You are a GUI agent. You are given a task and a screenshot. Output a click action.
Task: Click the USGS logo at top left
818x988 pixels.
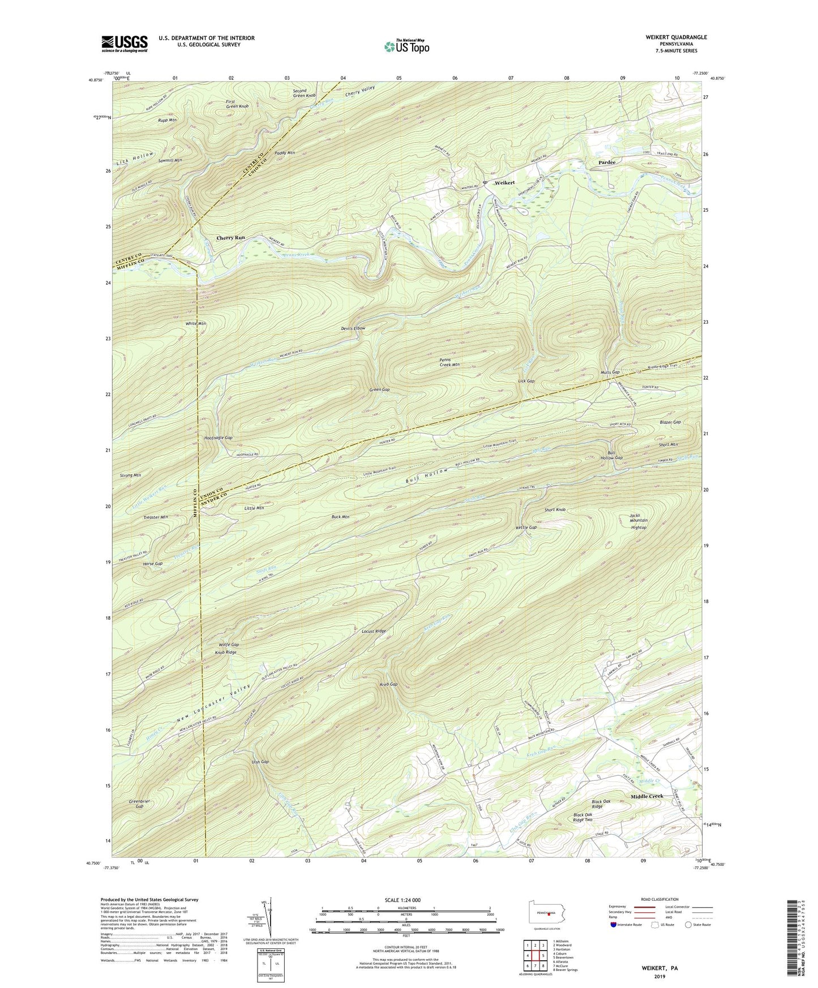(x=125, y=44)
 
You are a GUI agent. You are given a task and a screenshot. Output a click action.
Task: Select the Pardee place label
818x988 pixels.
(x=607, y=162)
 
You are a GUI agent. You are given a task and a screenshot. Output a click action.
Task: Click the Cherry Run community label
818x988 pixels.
(x=230, y=238)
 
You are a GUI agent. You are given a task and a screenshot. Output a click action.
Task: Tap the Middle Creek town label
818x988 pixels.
(x=647, y=796)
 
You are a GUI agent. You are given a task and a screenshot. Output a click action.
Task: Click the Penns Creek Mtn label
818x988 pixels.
(x=449, y=362)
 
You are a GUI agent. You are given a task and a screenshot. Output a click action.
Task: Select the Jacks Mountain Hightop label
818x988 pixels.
(x=639, y=521)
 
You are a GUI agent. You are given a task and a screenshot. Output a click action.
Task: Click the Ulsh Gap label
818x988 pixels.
(x=260, y=762)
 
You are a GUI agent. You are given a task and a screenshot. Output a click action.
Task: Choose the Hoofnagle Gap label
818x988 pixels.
(x=218, y=438)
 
